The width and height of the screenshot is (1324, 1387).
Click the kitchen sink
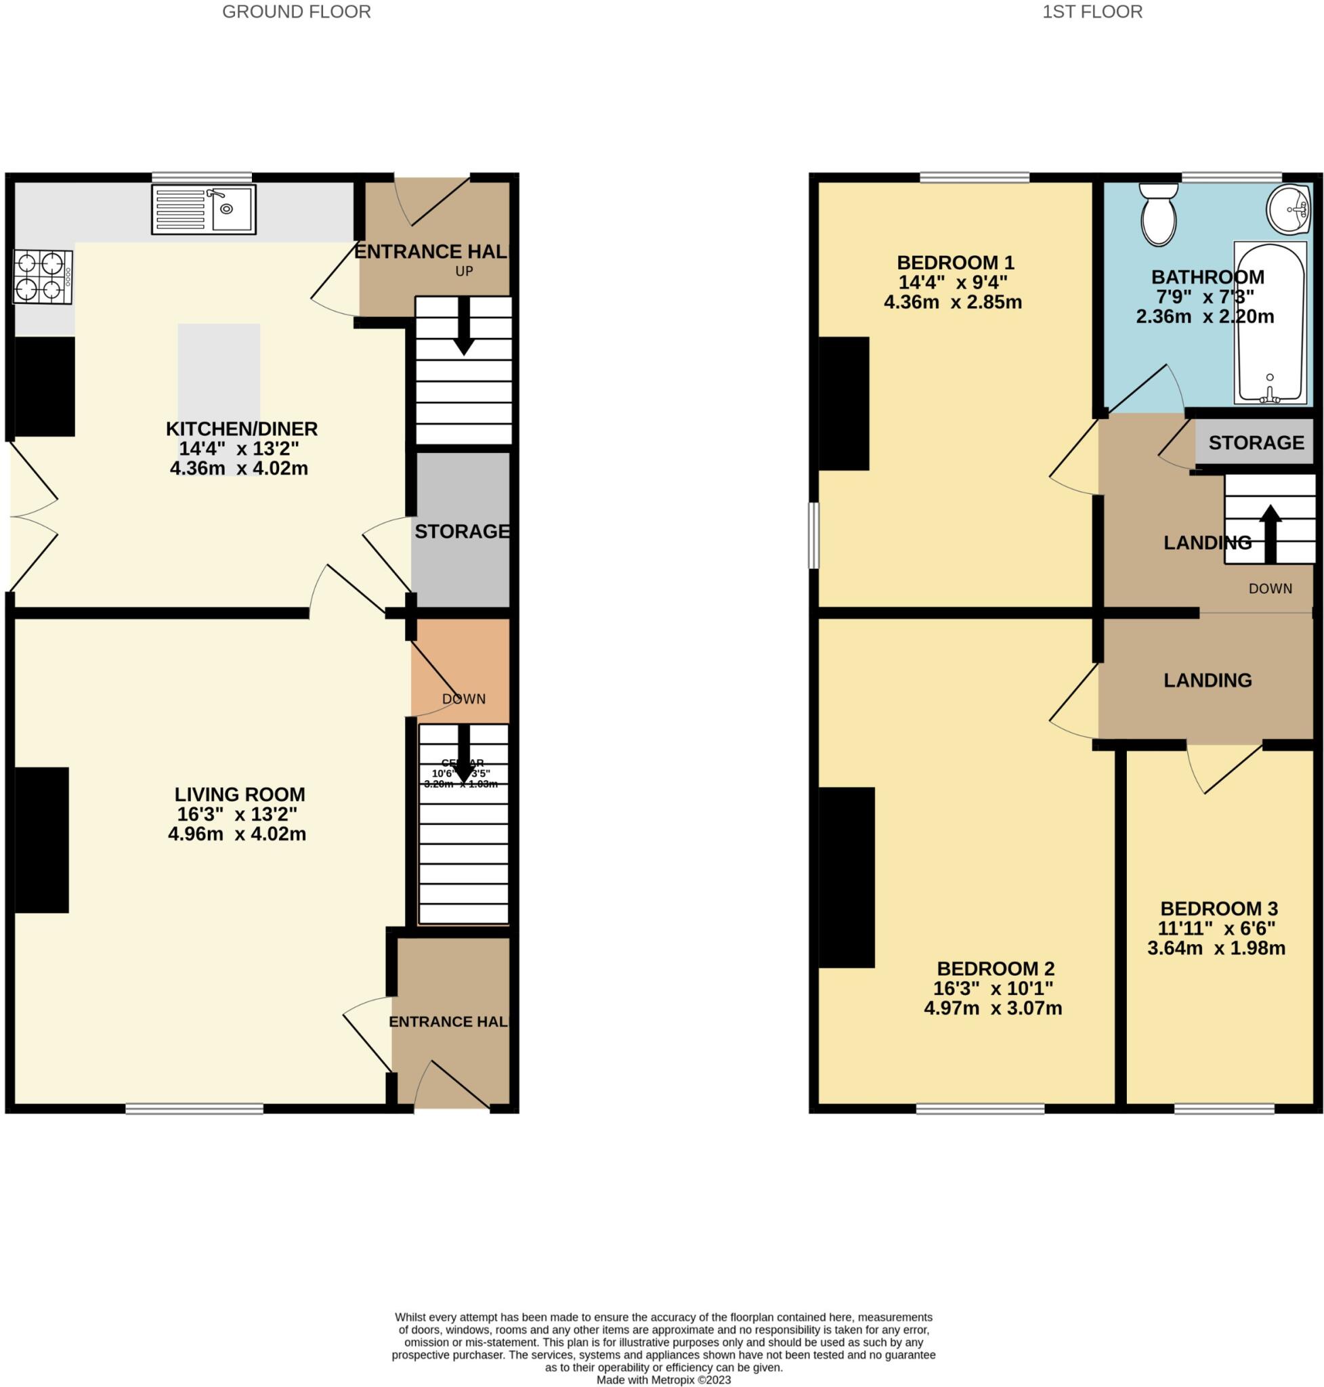pos(204,210)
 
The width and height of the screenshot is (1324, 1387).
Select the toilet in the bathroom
pos(1158,215)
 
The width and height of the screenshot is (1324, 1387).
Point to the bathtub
pos(1270,323)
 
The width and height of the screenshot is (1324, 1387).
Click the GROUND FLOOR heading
pos(297,12)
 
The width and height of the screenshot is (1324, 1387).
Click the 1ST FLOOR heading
pos(1092,12)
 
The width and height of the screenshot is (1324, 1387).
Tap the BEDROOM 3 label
pos(1219,908)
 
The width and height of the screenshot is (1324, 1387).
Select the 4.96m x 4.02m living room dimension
pos(237,834)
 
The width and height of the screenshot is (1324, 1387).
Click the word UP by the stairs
pos(464,271)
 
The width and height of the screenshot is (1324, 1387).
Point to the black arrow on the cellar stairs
pos(464,754)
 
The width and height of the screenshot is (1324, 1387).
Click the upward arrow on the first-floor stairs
pos(1270,533)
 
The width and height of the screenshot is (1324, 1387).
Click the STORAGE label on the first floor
pos(1256,442)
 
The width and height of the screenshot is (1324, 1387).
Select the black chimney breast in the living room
pos(41,840)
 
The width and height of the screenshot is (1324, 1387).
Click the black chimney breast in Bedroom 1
pos(844,404)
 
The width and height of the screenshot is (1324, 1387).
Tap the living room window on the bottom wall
pos(194,1109)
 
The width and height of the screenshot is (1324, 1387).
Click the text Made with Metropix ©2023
pos(664,1380)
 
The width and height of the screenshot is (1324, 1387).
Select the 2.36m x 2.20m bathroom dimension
pos(1205,316)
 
